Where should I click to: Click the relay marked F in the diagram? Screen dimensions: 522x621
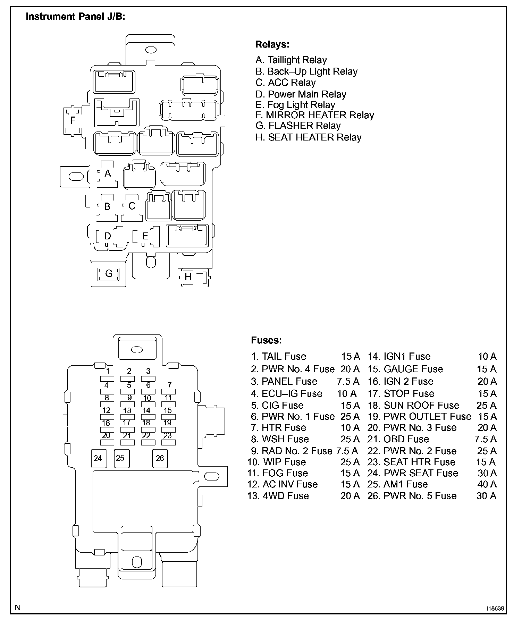(73, 120)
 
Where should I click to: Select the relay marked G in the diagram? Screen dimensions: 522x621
(109, 274)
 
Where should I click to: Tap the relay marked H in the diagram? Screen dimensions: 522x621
(188, 277)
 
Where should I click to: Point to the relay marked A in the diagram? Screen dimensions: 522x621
(108, 173)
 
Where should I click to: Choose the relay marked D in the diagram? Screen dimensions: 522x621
(108, 237)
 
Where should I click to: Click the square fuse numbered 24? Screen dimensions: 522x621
(98, 458)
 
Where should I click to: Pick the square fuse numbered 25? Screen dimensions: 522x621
(120, 458)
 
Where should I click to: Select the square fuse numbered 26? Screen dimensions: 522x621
(160, 458)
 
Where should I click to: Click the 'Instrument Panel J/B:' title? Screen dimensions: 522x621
(75, 17)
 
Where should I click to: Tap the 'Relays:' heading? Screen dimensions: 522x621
(272, 44)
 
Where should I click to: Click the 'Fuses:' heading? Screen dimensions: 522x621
(266, 340)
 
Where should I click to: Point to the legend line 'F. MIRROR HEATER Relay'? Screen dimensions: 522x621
(314, 115)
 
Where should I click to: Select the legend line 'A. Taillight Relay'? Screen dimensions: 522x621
(291, 60)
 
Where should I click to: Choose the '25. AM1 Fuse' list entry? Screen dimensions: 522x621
(397, 484)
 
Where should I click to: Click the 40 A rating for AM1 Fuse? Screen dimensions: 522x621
(487, 484)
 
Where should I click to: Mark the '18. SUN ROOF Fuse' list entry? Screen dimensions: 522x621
(413, 406)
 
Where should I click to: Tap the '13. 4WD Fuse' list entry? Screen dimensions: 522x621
(278, 496)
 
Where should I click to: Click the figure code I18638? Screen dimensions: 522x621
(495, 609)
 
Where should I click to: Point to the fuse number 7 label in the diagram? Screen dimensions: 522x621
(169, 385)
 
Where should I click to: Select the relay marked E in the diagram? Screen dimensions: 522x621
(145, 237)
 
